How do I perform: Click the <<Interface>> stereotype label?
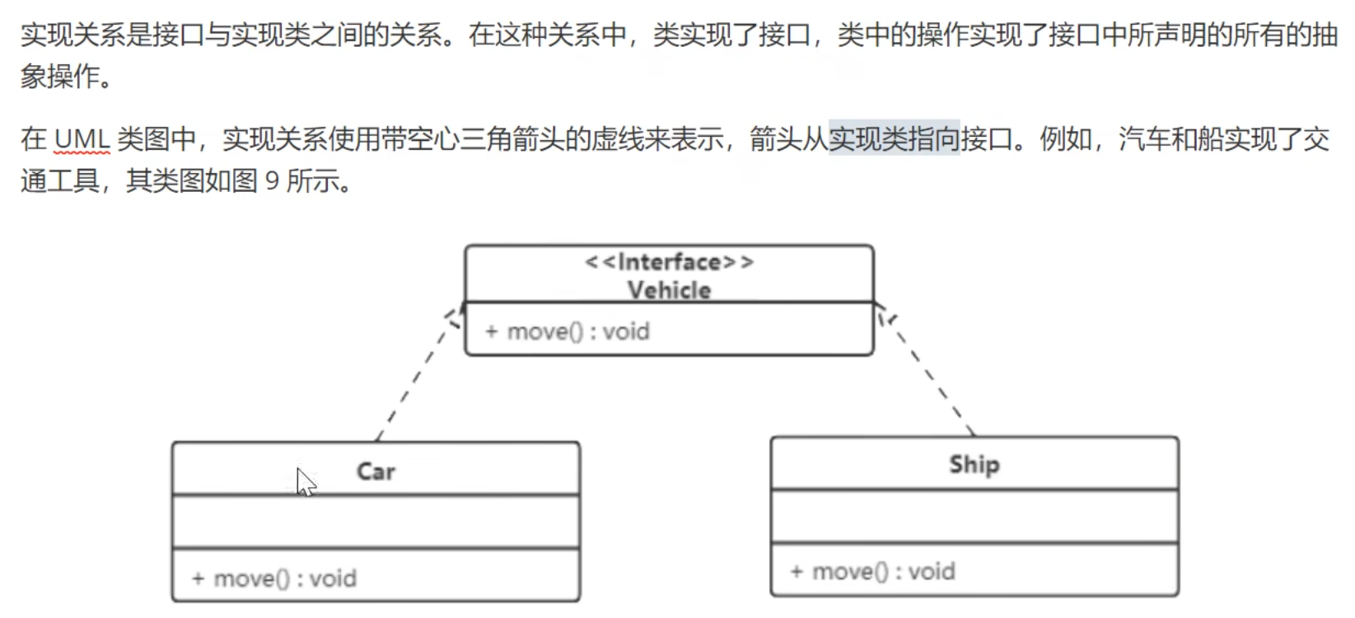click(x=669, y=262)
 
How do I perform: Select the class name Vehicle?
click(x=669, y=290)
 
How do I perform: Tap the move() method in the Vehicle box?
click(x=568, y=331)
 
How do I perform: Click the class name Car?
click(x=376, y=471)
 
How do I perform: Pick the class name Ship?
click(x=974, y=465)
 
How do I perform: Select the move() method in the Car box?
click(x=274, y=578)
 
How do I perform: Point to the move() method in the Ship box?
click(x=873, y=572)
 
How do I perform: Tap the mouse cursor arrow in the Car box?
click(x=305, y=481)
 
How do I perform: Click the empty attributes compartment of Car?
click(x=376, y=522)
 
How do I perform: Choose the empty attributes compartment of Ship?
click(x=974, y=517)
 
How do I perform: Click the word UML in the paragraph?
click(x=82, y=139)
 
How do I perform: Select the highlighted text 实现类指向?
click(x=894, y=139)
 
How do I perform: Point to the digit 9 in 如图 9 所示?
click(x=273, y=180)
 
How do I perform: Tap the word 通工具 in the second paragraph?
click(x=59, y=180)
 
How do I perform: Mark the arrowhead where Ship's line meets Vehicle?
click(x=883, y=313)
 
